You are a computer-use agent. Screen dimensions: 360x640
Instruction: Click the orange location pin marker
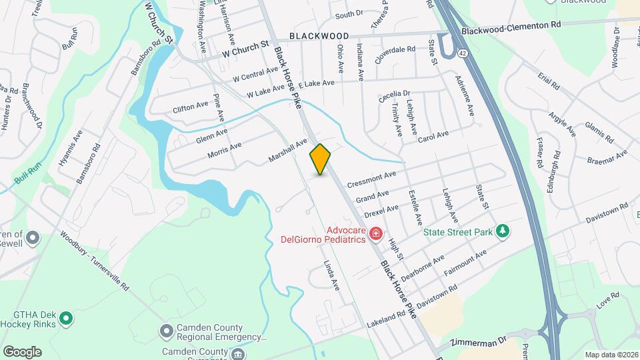pyautogui.click(x=321, y=159)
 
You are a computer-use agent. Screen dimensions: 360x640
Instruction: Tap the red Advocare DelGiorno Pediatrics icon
pyautogui.click(x=376, y=233)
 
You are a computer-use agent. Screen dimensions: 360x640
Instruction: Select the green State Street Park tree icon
pyautogui.click(x=503, y=232)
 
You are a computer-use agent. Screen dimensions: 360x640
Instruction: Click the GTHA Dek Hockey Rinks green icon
pyautogui.click(x=65, y=319)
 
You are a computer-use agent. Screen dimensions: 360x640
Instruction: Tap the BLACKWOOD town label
pyautogui.click(x=319, y=36)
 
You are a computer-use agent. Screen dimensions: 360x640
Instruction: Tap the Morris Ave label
pyautogui.click(x=224, y=151)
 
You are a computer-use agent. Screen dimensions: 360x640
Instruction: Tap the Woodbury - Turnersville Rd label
pyautogui.click(x=94, y=259)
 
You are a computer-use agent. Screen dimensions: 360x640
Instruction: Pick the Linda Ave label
pyautogui.click(x=331, y=275)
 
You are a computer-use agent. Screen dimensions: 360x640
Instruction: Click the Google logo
pyautogui.click(x=22, y=351)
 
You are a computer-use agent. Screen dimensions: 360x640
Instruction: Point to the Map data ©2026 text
pyautogui.click(x=610, y=355)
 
